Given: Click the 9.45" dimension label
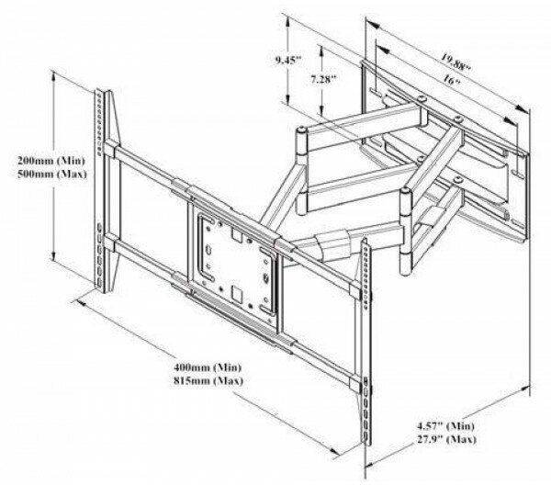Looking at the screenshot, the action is [x=288, y=60].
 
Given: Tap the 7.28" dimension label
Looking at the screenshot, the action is [x=323, y=79].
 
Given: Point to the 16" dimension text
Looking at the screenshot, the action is [x=452, y=79].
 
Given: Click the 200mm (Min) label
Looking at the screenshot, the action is [x=51, y=161].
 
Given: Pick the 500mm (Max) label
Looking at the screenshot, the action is [x=52, y=174].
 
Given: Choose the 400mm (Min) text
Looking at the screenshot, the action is [x=208, y=367].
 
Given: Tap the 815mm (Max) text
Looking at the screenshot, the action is [x=208, y=380].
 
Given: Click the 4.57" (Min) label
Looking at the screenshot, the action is [x=445, y=426].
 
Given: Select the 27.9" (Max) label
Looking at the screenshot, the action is [x=446, y=439].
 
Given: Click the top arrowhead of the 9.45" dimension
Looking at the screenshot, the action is [x=287, y=22].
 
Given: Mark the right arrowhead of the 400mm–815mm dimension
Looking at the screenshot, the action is [x=334, y=450].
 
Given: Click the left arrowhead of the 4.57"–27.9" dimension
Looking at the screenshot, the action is [x=371, y=464].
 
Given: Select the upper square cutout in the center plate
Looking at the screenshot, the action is [x=236, y=234].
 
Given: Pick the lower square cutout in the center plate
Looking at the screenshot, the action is [x=237, y=294].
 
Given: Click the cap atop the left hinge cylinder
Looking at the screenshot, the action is [x=301, y=130].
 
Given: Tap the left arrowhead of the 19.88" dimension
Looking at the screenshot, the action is [x=372, y=25].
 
